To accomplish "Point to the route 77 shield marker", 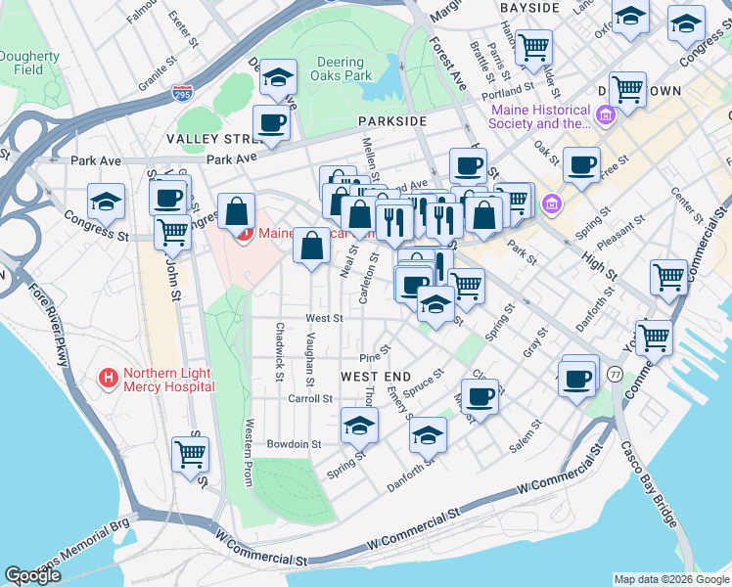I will point(615,374).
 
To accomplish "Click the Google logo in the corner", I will point(32,574).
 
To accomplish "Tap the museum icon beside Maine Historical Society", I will point(604,116).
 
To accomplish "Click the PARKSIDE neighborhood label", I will point(391,120).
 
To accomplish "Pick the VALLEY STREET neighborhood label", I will point(209,140).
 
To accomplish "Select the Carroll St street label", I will point(311,399).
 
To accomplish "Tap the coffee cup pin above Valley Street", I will point(271,123).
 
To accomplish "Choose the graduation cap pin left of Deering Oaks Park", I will point(279,77).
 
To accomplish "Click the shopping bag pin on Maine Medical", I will point(238,210).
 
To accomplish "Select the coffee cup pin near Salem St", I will point(480,396).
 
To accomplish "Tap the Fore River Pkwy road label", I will point(48,324).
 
